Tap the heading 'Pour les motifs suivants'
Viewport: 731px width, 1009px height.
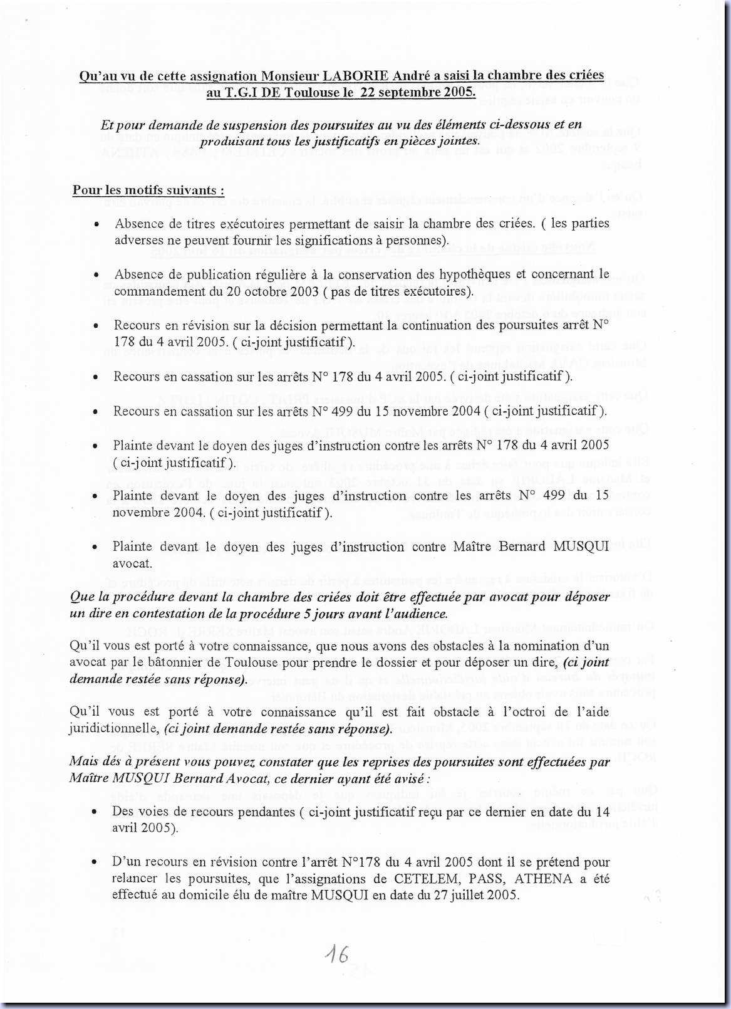tap(148, 190)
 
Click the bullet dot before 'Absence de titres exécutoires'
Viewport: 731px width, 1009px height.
tap(96, 224)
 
